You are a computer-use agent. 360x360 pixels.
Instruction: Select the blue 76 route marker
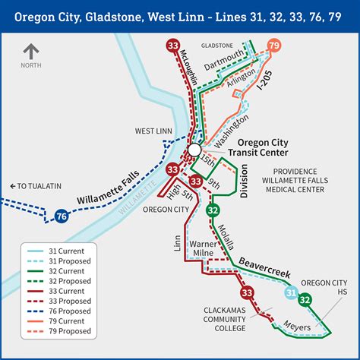(62, 216)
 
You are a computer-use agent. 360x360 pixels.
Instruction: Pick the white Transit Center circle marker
(195, 150)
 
